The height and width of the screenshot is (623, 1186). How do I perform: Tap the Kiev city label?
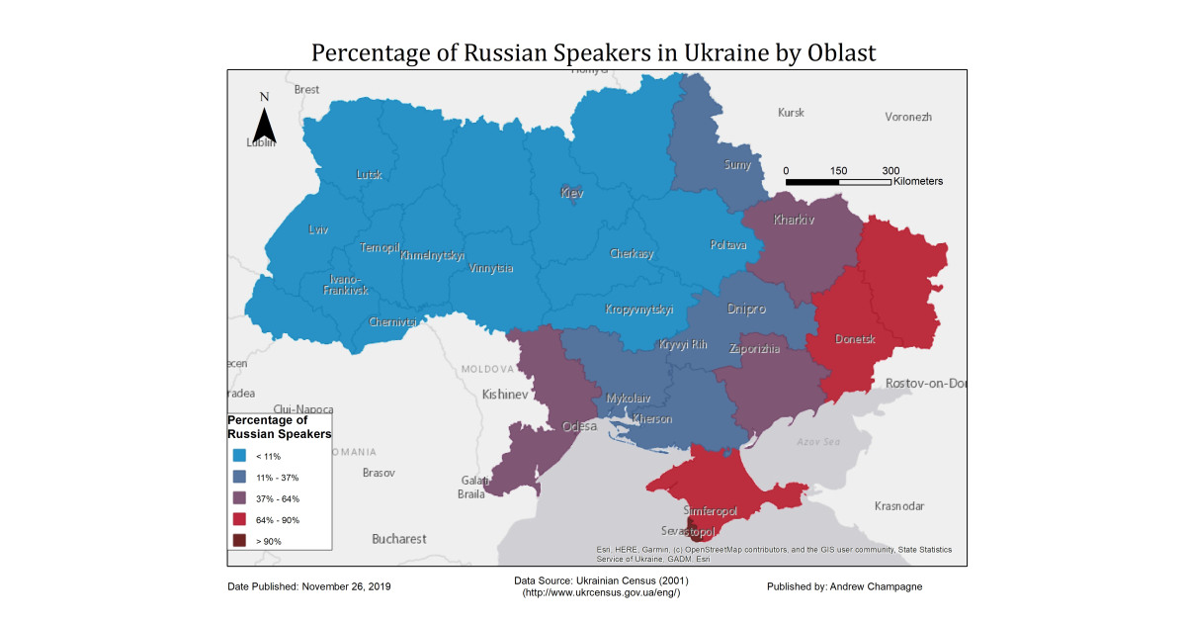tap(572, 193)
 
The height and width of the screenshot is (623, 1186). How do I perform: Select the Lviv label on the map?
tap(317, 229)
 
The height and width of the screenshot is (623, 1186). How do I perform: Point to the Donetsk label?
tap(855, 339)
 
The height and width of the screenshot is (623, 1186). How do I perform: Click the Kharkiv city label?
tap(795, 220)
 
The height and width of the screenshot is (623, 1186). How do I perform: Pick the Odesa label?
tap(579, 426)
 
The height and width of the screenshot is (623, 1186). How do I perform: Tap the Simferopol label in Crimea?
tap(711, 511)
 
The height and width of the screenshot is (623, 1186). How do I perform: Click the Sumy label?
tap(737, 165)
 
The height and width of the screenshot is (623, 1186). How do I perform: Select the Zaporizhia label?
tap(754, 349)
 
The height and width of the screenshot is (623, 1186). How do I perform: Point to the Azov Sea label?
tap(817, 442)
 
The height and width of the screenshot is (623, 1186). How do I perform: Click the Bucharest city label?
tap(399, 539)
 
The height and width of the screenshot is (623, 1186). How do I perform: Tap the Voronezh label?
tap(908, 117)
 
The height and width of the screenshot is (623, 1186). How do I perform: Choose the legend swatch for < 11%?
tap(240, 456)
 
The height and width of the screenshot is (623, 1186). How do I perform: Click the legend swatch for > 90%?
tap(240, 541)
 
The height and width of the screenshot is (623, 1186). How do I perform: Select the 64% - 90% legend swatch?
tap(240, 520)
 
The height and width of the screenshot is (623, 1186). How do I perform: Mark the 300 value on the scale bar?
tap(890, 170)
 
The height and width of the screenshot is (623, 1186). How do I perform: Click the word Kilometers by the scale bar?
tap(917, 181)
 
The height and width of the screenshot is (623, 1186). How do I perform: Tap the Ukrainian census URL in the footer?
tap(601, 591)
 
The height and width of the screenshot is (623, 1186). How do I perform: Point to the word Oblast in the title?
tap(839, 52)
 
